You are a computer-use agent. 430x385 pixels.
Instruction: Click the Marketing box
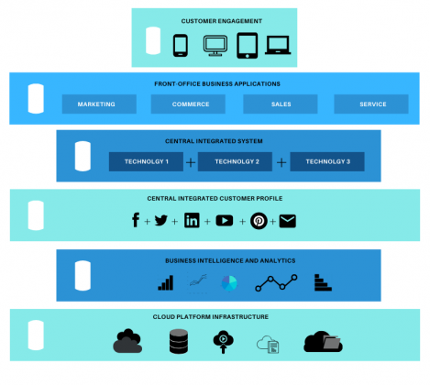click(x=97, y=104)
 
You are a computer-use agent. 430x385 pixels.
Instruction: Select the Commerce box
click(x=192, y=104)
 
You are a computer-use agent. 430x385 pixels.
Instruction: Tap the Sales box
click(x=281, y=104)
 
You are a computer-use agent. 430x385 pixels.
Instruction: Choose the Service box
click(x=372, y=104)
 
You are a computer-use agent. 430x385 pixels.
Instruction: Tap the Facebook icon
click(x=135, y=221)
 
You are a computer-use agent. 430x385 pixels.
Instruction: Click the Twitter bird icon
click(x=160, y=221)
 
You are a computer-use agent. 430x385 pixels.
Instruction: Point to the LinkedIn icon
click(x=192, y=221)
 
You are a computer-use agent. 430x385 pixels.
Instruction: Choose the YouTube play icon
click(x=224, y=221)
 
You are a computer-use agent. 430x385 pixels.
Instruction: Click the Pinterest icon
click(x=259, y=221)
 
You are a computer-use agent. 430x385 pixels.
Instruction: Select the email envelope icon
click(x=288, y=221)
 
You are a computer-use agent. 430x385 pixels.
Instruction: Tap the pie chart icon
click(x=228, y=282)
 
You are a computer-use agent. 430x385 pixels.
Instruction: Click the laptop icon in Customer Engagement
click(x=278, y=43)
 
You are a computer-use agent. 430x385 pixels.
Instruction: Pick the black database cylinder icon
click(x=179, y=342)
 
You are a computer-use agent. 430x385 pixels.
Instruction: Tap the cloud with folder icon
click(x=323, y=342)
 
